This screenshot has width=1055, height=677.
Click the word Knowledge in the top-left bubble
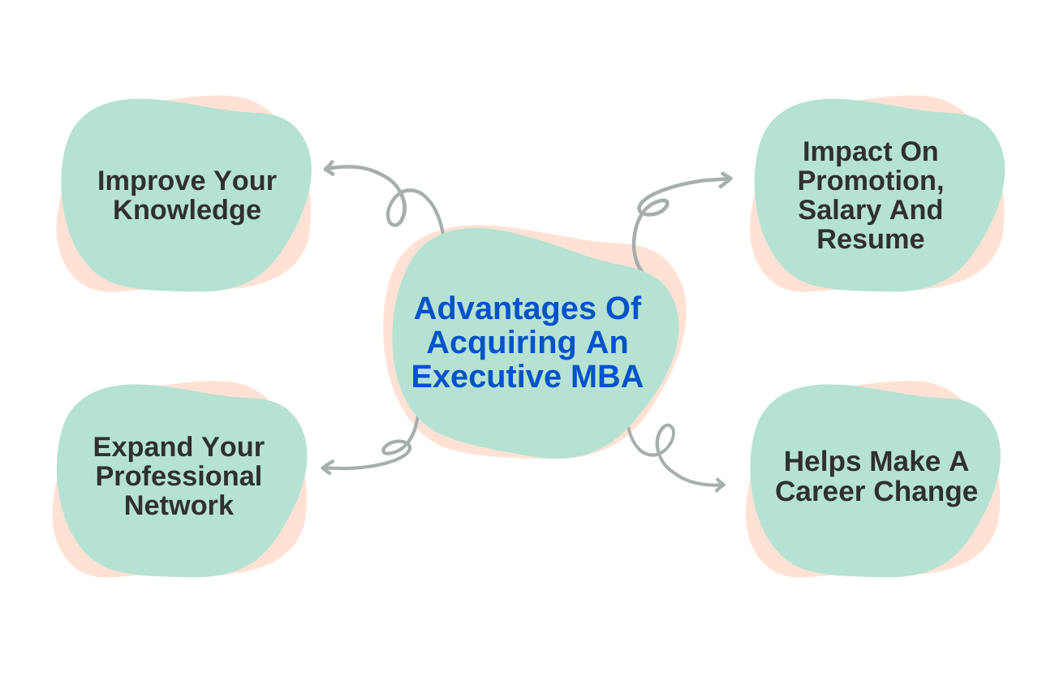187,210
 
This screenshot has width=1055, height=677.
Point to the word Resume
870,239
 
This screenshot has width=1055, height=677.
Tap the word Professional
179,476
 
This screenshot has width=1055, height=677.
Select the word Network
179,506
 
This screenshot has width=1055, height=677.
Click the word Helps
822,462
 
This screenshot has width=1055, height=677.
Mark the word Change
932,492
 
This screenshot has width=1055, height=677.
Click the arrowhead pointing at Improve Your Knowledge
329,169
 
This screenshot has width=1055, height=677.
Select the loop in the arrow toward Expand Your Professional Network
396,447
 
